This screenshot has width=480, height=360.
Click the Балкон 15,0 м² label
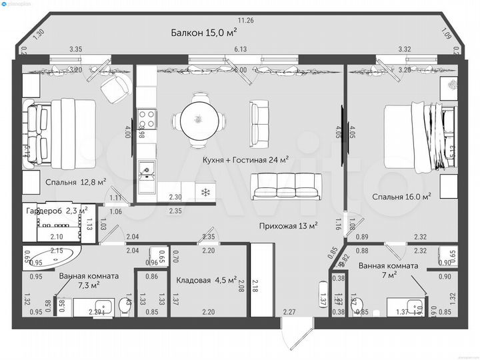point(203,31)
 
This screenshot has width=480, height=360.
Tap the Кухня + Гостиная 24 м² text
point(246,160)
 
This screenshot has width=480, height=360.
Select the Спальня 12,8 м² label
point(76,181)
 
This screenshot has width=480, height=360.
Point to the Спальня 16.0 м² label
point(401,196)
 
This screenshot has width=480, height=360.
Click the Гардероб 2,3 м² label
point(57,211)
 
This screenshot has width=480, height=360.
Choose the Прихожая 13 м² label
point(287,225)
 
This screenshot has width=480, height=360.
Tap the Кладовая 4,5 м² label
point(206,281)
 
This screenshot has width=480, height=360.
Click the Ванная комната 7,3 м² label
point(88,280)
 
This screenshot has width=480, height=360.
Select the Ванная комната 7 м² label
point(388,269)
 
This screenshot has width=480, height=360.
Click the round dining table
point(197,119)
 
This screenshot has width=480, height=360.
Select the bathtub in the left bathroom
point(53,259)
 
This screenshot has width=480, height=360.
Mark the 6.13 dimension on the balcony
point(240,49)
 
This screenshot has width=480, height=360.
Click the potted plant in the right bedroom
point(451,86)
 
